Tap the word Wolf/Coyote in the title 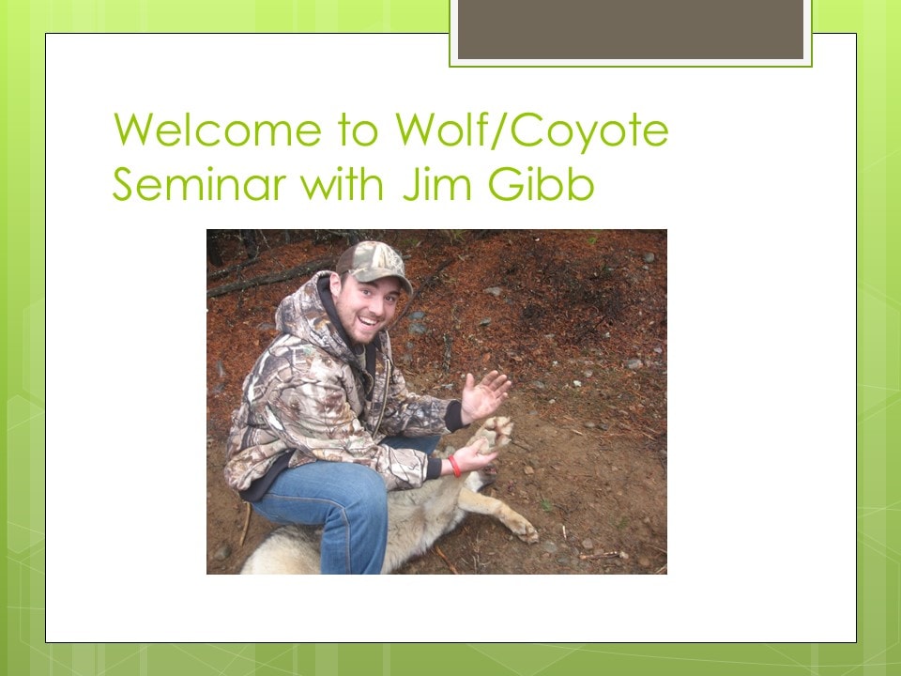[x=532, y=131]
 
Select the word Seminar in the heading [x=199, y=184]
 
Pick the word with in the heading [x=343, y=184]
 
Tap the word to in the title [x=358, y=131]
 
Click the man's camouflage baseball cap [x=374, y=266]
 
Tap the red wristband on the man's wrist [x=454, y=466]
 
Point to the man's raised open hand [x=484, y=394]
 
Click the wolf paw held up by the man [x=493, y=433]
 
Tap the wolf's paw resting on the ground [x=524, y=529]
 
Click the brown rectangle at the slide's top [x=631, y=29]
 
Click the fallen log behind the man [x=271, y=278]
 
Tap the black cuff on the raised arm [x=454, y=416]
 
